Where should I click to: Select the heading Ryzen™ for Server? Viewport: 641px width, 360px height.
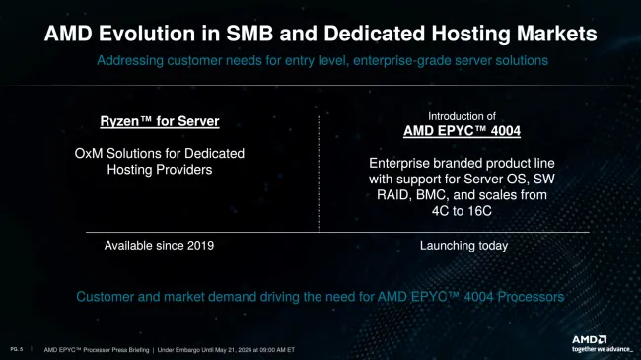[x=159, y=121]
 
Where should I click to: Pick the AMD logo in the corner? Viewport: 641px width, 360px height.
[x=589, y=339]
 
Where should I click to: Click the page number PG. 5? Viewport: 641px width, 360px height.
[x=17, y=349]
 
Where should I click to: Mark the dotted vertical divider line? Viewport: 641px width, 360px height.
[x=319, y=173]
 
